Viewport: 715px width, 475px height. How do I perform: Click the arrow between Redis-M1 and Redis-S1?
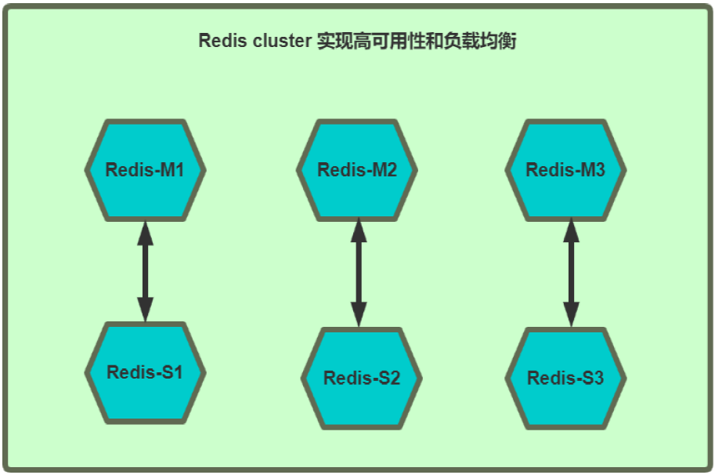(145, 271)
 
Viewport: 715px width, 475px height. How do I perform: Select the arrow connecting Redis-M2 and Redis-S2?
(359, 273)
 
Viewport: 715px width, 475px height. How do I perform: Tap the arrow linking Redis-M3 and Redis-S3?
(571, 273)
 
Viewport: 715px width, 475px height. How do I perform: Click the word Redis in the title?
(221, 41)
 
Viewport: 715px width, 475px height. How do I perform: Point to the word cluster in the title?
(281, 41)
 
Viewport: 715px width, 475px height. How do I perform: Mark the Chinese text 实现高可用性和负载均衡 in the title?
(416, 41)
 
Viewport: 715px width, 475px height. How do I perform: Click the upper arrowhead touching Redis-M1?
(145, 233)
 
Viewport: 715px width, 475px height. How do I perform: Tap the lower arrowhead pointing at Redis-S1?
(145, 310)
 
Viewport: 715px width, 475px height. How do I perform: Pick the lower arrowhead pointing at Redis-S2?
(359, 314)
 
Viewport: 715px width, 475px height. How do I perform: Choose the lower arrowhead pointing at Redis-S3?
(571, 314)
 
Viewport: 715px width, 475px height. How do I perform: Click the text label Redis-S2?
(362, 379)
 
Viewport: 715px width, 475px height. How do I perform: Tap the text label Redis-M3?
(565, 170)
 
